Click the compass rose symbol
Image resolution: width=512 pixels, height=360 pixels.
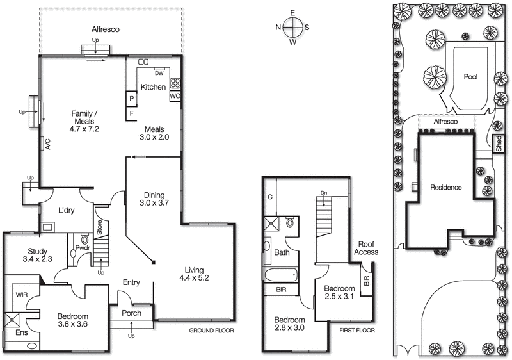point(292,27)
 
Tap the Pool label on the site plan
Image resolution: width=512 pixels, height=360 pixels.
point(470,76)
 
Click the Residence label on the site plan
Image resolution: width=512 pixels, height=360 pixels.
point(445,188)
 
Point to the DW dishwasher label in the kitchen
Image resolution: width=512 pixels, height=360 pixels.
point(159,73)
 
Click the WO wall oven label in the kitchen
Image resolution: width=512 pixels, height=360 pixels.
point(175,96)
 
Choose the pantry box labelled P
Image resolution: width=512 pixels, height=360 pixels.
point(131,99)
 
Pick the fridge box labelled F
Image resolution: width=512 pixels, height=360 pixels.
point(131,113)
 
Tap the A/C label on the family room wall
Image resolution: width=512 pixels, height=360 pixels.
point(47,144)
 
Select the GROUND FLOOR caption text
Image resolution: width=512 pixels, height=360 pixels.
point(212,331)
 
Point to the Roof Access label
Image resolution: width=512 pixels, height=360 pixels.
point(367,247)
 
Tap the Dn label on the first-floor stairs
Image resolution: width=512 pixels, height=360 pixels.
point(323,193)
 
